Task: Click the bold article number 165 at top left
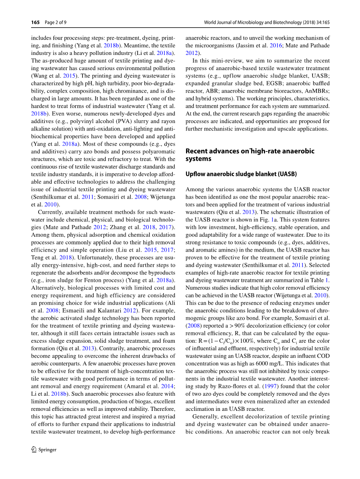pos(35,22)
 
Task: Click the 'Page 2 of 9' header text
pos(56,22)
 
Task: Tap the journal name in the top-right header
pos(267,22)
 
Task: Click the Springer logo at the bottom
pos(44,449)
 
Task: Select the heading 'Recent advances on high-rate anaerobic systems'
pos(249,155)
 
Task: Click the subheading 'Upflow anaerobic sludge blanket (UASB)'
pos(241,174)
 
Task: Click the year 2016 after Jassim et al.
pos(275,46)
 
